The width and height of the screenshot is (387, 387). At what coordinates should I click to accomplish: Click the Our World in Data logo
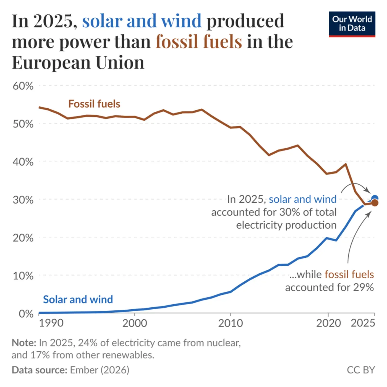pyautogui.click(x=352, y=24)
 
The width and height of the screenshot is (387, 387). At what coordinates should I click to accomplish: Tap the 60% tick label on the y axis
pyautogui.click(x=23, y=86)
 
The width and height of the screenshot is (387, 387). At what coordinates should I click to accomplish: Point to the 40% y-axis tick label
pyautogui.click(x=23, y=162)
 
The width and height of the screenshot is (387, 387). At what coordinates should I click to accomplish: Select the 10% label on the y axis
pyautogui.click(x=23, y=276)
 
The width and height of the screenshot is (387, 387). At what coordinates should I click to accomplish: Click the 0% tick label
pyautogui.click(x=26, y=314)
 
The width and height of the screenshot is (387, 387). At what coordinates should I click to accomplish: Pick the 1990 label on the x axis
pyautogui.click(x=51, y=323)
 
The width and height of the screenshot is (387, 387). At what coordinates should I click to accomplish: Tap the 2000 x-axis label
pyautogui.click(x=135, y=323)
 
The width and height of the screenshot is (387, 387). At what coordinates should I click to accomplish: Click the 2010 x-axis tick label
pyautogui.click(x=230, y=323)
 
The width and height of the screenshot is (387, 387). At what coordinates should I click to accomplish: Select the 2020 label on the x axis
pyautogui.click(x=328, y=323)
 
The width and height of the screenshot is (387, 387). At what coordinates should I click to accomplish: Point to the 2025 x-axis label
pyautogui.click(x=363, y=323)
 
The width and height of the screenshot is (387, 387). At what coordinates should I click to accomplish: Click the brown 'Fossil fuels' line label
pyautogui.click(x=94, y=104)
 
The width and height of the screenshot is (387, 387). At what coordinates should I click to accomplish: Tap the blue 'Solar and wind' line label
pyautogui.click(x=78, y=299)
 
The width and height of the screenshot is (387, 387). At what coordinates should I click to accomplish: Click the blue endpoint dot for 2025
pyautogui.click(x=375, y=198)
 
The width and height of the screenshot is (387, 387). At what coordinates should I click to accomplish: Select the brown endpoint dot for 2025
pyautogui.click(x=375, y=203)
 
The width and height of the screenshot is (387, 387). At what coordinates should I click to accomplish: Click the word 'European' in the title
pyautogui.click(x=51, y=62)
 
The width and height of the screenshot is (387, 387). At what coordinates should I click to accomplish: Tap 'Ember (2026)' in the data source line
pyautogui.click(x=100, y=370)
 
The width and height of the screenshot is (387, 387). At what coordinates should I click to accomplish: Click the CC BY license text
pyautogui.click(x=361, y=370)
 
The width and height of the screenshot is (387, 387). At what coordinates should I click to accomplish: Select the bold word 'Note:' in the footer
pyautogui.click(x=24, y=343)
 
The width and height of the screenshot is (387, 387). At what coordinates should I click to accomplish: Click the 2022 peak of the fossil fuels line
pyautogui.click(x=346, y=164)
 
